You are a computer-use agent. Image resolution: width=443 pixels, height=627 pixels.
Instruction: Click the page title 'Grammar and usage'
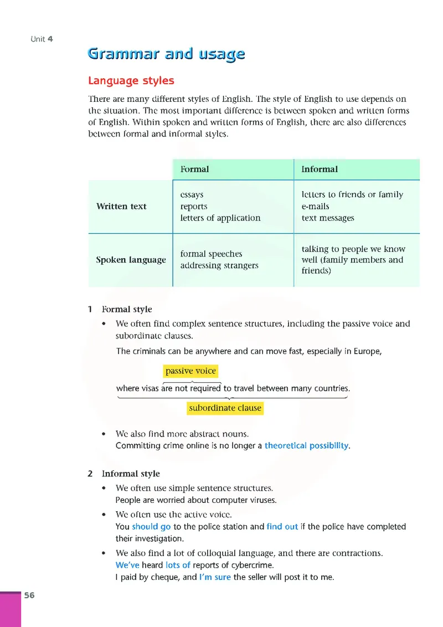tap(166, 54)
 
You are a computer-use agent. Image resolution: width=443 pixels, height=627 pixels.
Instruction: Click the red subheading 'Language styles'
tap(131, 81)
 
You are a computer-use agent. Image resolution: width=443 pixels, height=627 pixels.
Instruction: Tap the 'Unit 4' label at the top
tap(42, 39)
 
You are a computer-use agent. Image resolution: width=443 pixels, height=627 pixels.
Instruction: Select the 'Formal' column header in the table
tap(194, 169)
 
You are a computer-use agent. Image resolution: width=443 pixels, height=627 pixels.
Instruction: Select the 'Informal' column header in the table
tap(320, 169)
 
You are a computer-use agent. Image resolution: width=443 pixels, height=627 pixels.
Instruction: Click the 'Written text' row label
tap(121, 207)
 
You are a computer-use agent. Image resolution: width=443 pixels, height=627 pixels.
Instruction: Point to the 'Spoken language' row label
tap(131, 260)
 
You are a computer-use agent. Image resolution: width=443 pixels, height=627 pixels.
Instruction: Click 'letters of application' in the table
tap(220, 218)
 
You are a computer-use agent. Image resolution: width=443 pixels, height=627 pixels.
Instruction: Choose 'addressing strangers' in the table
tap(219, 265)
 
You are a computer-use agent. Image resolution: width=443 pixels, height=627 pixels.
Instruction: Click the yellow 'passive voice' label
tap(190, 371)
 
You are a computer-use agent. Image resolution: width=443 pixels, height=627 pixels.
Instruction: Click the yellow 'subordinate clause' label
tap(225, 408)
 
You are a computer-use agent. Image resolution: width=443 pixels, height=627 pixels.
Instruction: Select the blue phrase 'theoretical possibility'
tap(307, 445)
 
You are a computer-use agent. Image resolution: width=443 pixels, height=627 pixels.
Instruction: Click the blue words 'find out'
tap(282, 527)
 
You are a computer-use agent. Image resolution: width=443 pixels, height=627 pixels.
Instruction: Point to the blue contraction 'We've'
tap(127, 566)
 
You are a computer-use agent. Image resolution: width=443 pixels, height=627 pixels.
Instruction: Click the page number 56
tap(29, 595)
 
